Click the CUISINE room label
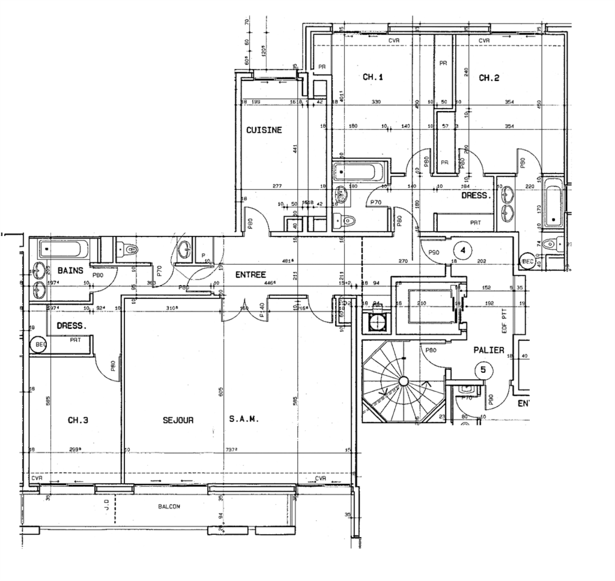(x=264, y=130)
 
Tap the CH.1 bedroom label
(x=372, y=77)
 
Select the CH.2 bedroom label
(x=489, y=78)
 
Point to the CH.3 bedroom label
(x=78, y=420)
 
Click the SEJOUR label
(x=178, y=420)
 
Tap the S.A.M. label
(x=244, y=419)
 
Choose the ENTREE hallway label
(x=250, y=275)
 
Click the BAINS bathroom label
(x=70, y=271)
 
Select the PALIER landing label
(x=489, y=350)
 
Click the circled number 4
(x=463, y=251)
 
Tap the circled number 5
(x=483, y=370)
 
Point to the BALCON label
(x=169, y=506)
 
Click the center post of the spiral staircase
(x=403, y=381)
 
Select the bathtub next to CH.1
(x=359, y=171)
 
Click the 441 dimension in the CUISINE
(x=295, y=149)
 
